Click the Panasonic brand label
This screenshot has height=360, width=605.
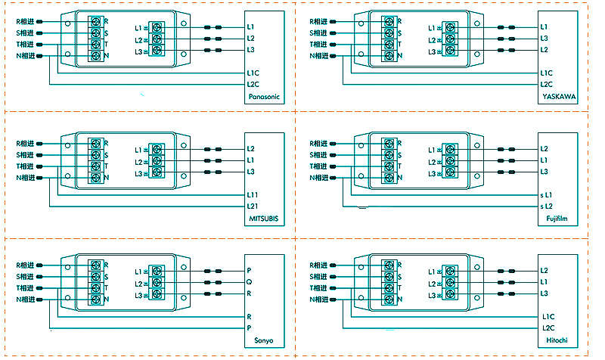[x=263, y=97]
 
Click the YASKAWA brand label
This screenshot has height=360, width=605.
[x=559, y=97]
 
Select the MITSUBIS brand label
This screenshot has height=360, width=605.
[x=263, y=219]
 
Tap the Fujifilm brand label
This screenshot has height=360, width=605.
[x=557, y=219]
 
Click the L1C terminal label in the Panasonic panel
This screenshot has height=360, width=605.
[x=253, y=73]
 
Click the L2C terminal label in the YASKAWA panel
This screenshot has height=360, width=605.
[x=547, y=85]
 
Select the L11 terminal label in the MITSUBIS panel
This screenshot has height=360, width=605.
[x=252, y=194]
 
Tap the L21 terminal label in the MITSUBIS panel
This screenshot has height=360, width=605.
[x=252, y=206]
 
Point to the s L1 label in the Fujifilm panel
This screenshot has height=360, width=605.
[x=546, y=194]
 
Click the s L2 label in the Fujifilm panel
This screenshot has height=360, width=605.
[x=546, y=206]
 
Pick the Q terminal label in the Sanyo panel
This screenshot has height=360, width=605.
[x=250, y=281]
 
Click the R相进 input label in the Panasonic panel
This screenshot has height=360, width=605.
[x=24, y=22]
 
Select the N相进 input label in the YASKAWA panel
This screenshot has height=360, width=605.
[x=318, y=56]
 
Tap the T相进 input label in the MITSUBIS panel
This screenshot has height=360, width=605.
[x=24, y=166]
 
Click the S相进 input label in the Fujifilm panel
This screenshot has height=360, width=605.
[x=318, y=155]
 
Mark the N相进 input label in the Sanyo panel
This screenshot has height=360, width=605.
[x=24, y=300]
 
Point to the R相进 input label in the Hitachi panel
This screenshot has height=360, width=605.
[x=318, y=265]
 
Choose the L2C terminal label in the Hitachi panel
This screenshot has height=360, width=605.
[x=548, y=328]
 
